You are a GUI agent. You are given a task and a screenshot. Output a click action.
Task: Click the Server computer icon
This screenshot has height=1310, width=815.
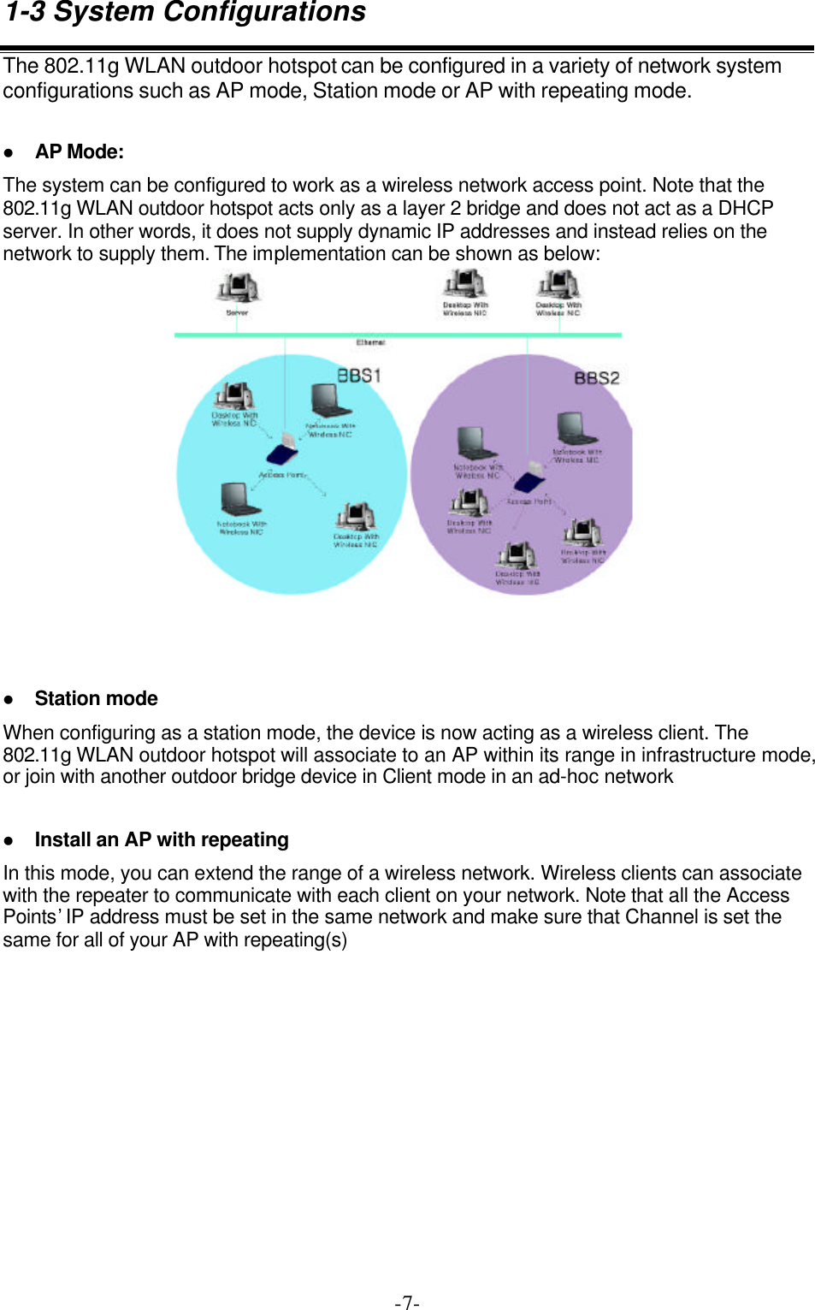pos(237,287)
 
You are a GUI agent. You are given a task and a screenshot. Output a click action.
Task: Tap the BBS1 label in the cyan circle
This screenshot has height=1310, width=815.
pos(359,376)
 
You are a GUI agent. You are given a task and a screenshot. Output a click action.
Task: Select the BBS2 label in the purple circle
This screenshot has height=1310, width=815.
pos(596,378)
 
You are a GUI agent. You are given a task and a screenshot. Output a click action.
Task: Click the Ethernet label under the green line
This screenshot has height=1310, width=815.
pos(370,342)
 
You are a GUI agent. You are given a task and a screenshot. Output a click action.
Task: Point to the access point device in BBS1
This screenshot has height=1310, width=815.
pos(283,450)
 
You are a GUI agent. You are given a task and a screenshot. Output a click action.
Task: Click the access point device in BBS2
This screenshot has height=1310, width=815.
pos(530,479)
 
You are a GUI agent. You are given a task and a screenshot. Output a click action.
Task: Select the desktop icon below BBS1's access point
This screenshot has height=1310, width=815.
pos(356,516)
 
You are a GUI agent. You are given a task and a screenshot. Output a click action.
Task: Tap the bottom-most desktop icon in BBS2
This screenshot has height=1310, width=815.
pos(517,555)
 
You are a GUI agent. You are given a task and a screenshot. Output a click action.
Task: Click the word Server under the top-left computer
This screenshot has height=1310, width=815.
pos(237,313)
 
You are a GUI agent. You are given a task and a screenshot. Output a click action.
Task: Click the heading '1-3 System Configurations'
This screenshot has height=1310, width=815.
pos(186,13)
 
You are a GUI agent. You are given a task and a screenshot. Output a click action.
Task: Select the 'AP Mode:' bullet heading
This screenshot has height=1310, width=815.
pos(80,152)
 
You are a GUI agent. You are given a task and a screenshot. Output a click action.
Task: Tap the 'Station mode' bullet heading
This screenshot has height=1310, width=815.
pos(96,699)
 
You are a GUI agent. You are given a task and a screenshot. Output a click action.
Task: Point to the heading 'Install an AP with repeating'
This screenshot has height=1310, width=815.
pos(162,840)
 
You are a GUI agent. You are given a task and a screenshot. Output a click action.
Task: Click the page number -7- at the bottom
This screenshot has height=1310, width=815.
pos(407,1302)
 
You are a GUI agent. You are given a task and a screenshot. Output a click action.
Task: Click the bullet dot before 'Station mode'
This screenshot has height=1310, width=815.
pos(9,699)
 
